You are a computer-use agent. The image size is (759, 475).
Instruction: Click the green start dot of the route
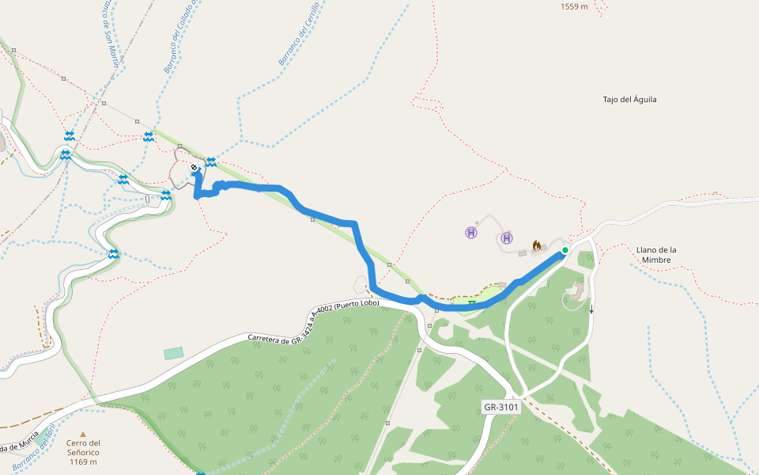pyautogui.click(x=565, y=250)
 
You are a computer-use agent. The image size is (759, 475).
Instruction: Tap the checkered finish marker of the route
pyautogui.click(x=194, y=168)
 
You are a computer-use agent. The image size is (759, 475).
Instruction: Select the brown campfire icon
pyautogui.click(x=538, y=245)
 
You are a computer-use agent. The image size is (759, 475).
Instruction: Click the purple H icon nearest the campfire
pyautogui.click(x=507, y=237)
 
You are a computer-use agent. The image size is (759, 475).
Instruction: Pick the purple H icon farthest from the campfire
pyautogui.click(x=471, y=233)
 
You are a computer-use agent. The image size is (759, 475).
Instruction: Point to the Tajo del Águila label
pyautogui.click(x=629, y=100)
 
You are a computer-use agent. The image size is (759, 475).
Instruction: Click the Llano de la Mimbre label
pyautogui.click(x=656, y=254)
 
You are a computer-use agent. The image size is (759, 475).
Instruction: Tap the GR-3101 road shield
pyautogui.click(x=501, y=407)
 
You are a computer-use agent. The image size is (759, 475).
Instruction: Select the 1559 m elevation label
pyautogui.click(x=574, y=6)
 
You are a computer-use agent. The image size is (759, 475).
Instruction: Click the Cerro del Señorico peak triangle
pyautogui.click(x=83, y=434)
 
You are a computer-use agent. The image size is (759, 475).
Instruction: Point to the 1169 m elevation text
pyautogui.click(x=83, y=462)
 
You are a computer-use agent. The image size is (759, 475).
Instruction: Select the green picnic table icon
pyautogui.click(x=472, y=302)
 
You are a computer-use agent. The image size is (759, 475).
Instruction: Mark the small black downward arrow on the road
pyautogui.click(x=591, y=310)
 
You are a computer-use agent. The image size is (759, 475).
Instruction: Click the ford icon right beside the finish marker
pyautogui.click(x=211, y=162)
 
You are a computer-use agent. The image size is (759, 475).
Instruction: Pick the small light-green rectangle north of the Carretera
pyautogui.click(x=173, y=353)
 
